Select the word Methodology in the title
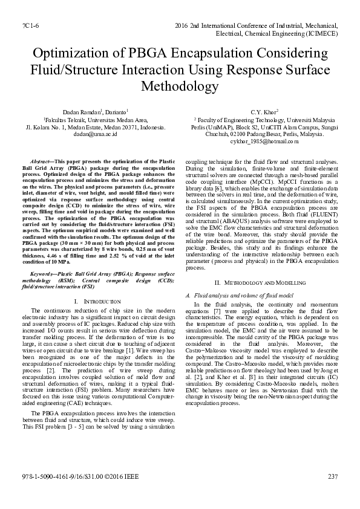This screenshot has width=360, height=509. point(180,86)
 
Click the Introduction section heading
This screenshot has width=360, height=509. point(98,300)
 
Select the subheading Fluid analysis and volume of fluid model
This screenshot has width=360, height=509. point(235,295)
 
